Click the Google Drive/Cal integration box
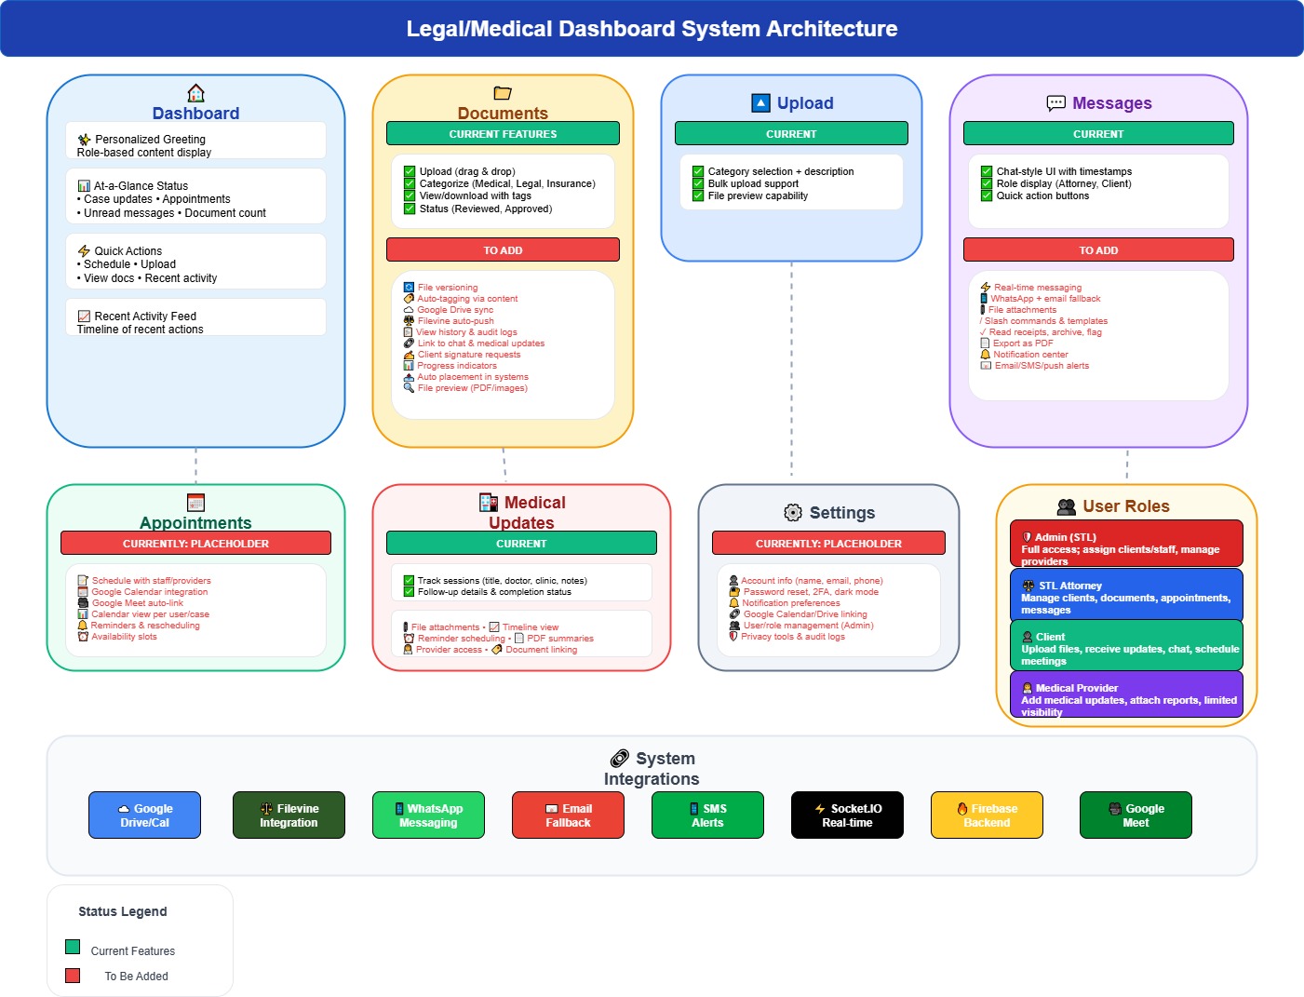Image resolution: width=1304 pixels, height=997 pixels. (x=144, y=815)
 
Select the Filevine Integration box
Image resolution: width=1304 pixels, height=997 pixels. (x=289, y=815)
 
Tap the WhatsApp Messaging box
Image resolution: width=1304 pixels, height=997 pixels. (x=428, y=815)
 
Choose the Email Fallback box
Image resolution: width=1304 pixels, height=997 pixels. (x=568, y=815)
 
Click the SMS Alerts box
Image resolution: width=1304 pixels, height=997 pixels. (x=707, y=815)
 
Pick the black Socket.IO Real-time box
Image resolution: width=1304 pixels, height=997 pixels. (x=847, y=815)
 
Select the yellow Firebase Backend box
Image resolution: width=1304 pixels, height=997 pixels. (x=987, y=815)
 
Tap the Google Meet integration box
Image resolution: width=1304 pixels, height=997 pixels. (x=1136, y=815)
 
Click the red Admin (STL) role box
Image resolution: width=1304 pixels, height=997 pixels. (x=1126, y=544)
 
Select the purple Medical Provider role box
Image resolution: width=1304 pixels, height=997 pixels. (x=1126, y=694)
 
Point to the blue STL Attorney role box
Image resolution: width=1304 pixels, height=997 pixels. (x=1126, y=595)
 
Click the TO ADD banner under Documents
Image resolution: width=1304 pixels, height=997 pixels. (x=503, y=250)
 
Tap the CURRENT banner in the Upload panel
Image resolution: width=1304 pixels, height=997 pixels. (x=791, y=134)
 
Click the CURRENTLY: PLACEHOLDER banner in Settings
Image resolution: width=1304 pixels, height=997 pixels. (x=828, y=544)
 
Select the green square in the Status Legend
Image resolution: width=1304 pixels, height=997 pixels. (x=73, y=948)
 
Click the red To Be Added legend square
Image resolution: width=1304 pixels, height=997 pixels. (x=73, y=976)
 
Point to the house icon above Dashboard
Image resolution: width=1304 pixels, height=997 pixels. (x=195, y=93)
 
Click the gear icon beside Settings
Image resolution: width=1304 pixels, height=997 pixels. (x=793, y=513)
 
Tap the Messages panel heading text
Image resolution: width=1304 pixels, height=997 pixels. (x=1111, y=103)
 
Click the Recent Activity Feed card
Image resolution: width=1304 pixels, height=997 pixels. (x=195, y=317)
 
